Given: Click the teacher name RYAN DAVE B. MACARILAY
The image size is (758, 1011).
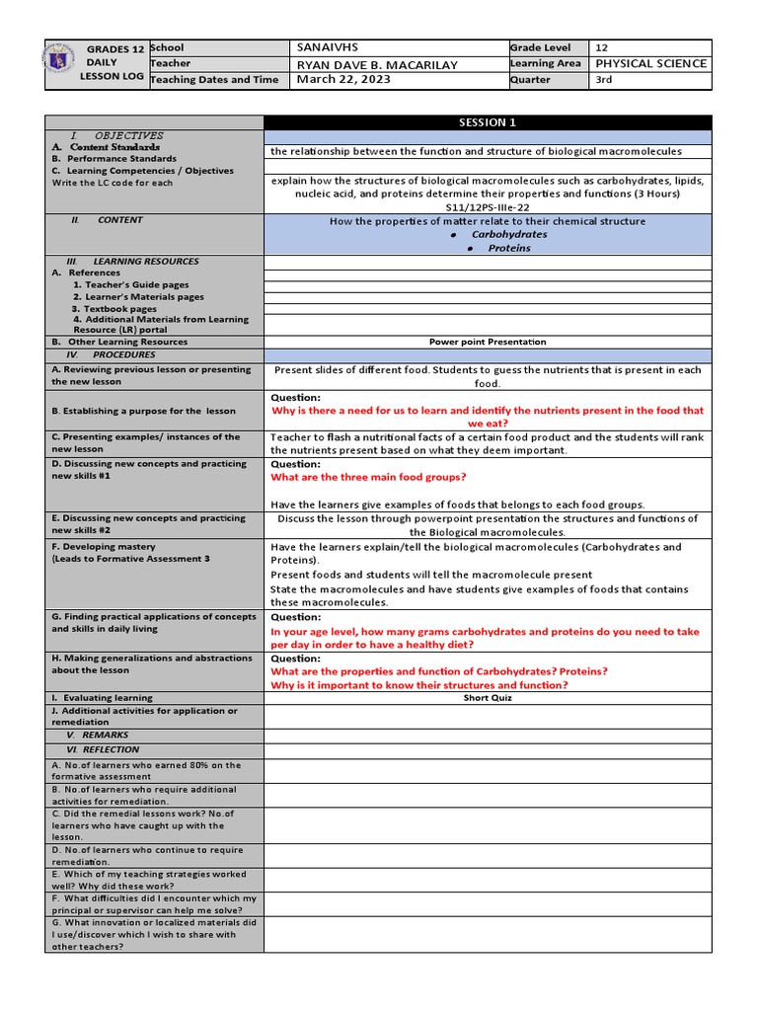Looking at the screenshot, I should [x=377, y=64].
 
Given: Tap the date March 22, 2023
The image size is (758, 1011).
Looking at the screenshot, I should [x=343, y=80].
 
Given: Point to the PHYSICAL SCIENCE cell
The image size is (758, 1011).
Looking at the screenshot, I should [x=650, y=63].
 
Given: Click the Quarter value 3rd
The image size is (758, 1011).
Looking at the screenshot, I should [x=604, y=80].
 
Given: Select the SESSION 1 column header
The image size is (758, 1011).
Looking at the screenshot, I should [x=487, y=122].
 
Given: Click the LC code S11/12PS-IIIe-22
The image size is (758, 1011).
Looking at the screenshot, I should [x=487, y=207].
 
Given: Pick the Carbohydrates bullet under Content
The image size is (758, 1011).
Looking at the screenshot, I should [x=508, y=235].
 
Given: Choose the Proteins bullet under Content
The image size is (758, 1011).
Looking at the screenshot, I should [x=508, y=248].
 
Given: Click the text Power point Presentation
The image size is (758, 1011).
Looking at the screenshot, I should [x=487, y=342].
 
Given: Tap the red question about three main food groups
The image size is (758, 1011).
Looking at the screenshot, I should [x=369, y=477].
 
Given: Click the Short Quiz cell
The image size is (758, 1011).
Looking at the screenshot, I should [x=487, y=697].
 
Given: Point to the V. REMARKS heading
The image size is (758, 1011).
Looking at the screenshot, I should [x=105, y=736].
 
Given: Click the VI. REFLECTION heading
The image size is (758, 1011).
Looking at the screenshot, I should [x=109, y=749].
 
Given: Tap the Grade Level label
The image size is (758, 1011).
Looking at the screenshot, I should [x=541, y=47].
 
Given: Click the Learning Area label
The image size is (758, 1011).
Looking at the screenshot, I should [x=546, y=64].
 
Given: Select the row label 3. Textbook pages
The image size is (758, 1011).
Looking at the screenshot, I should [x=114, y=309].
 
